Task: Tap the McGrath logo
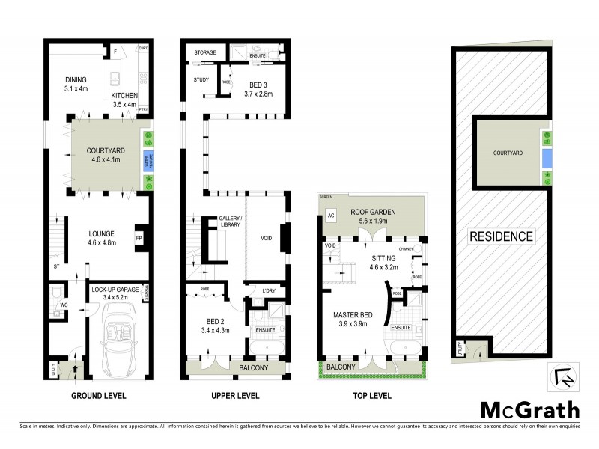click(529, 409)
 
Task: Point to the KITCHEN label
click(124, 96)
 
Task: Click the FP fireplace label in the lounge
click(139, 239)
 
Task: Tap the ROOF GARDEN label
click(373, 213)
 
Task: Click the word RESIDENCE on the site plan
click(501, 236)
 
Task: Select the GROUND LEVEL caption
click(98, 395)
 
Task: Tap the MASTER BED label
click(353, 314)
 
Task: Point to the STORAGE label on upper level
click(204, 53)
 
